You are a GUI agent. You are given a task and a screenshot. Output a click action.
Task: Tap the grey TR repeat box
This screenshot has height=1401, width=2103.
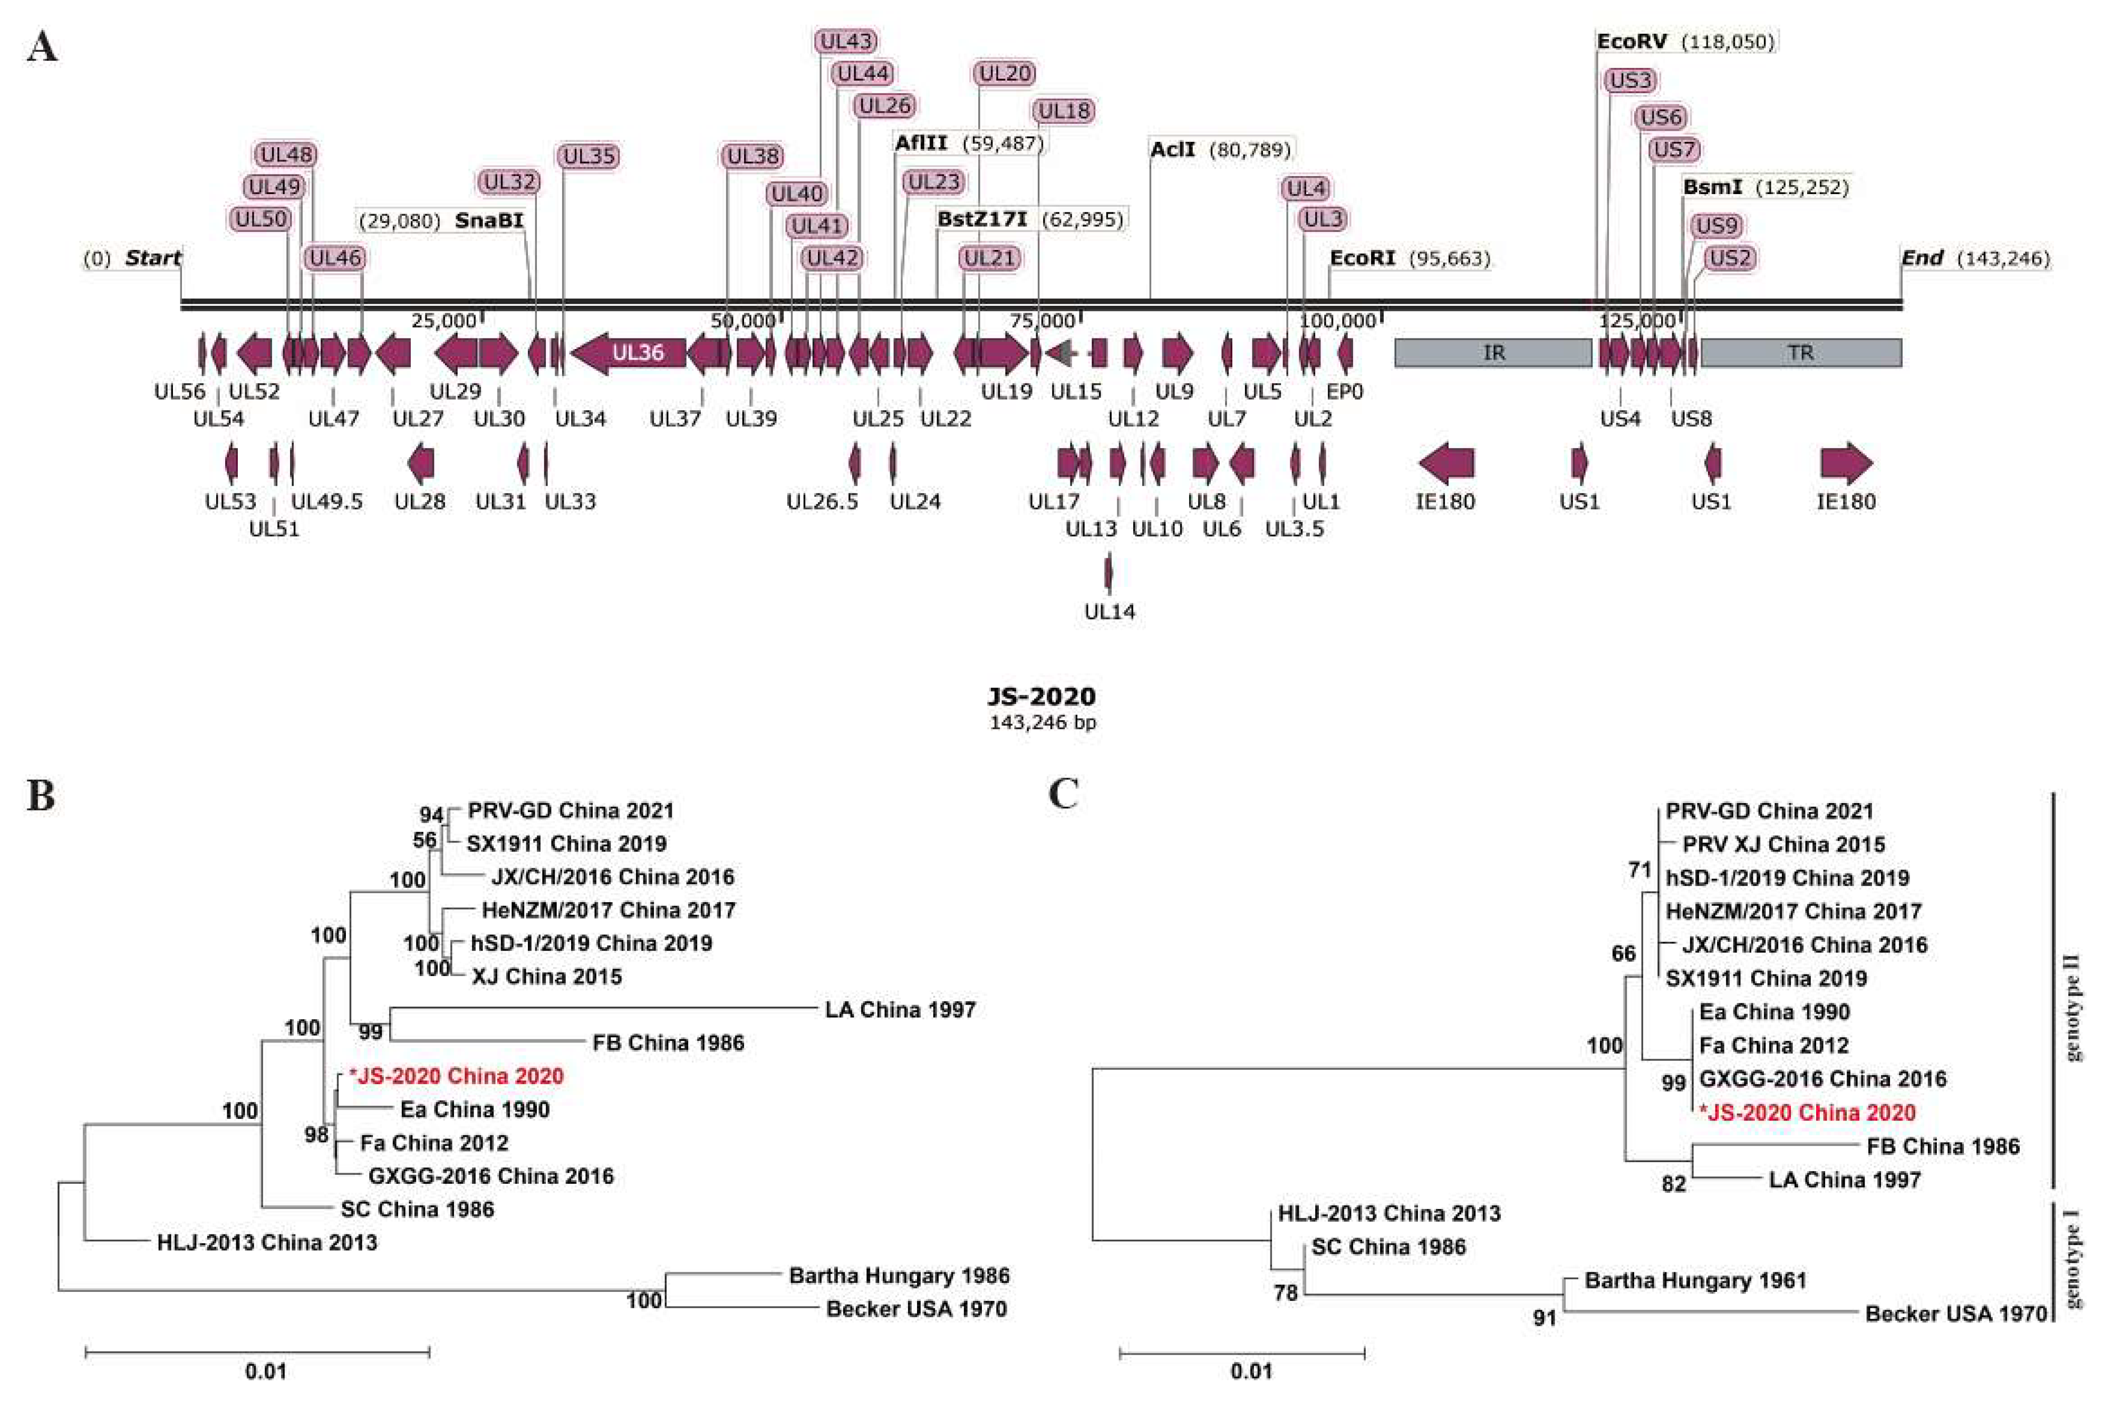click(x=1800, y=353)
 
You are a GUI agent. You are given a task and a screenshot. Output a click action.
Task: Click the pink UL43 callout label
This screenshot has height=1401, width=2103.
click(x=846, y=41)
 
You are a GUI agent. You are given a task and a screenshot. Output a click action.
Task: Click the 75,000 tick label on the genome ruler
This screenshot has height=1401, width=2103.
click(x=1041, y=321)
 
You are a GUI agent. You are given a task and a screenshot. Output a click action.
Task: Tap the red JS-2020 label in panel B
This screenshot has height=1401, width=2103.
click(x=457, y=1076)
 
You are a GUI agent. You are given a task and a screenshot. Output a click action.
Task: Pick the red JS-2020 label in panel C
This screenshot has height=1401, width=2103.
click(x=1807, y=1113)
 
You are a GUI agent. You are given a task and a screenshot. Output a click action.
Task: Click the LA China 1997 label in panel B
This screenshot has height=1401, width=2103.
click(x=900, y=1010)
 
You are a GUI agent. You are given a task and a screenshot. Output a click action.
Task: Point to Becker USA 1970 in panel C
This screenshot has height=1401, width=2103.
click(x=1955, y=1313)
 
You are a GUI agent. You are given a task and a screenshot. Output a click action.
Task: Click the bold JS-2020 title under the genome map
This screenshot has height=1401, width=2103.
click(x=1041, y=696)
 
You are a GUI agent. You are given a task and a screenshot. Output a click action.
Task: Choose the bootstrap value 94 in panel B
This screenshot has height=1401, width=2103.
click(x=431, y=814)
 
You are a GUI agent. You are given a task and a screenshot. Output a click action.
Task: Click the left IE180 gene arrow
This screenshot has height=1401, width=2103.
click(x=1446, y=463)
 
